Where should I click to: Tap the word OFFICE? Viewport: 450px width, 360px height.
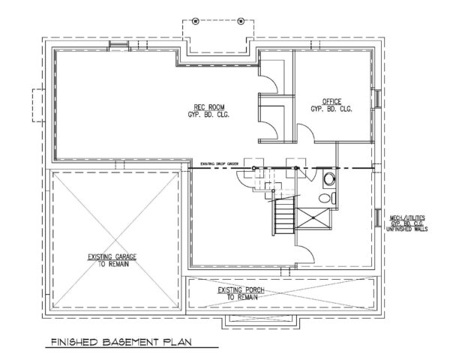pos(331,101)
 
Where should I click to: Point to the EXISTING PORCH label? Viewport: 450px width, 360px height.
pos(238,290)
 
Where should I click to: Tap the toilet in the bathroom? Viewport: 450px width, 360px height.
pos(323,198)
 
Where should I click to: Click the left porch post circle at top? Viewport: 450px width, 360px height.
pos(196,19)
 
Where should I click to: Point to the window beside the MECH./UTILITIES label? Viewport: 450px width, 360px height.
pos(375,218)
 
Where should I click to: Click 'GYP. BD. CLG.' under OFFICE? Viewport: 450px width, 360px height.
pos(331,109)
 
